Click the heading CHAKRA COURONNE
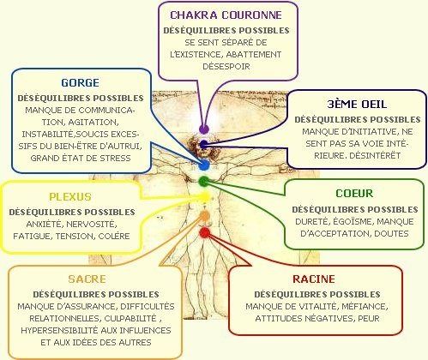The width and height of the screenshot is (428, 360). click(226, 15)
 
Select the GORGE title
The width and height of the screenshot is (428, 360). click(81, 83)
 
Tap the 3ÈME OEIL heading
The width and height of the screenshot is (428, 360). click(357, 105)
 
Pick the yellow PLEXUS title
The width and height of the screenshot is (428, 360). click(70, 197)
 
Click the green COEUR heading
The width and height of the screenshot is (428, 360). click(354, 194)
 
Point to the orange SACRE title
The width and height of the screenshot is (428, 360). click(87, 279)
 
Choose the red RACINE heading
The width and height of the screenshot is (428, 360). click(314, 279)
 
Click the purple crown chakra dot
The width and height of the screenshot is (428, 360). click(204, 129)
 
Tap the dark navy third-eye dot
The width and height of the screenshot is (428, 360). click(203, 145)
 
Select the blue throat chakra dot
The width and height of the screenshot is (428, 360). click(204, 165)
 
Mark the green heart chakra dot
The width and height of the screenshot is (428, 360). click(204, 181)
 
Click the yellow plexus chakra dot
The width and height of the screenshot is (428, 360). click(205, 197)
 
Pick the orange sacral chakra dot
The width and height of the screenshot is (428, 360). click(204, 215)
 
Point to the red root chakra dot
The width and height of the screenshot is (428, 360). click(205, 233)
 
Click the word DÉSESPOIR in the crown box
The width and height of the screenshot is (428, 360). click(226, 66)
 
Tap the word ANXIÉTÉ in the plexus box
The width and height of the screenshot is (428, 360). click(44, 224)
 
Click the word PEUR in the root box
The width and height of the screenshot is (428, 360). click(369, 318)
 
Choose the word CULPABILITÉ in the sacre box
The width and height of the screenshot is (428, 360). click(130, 318)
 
